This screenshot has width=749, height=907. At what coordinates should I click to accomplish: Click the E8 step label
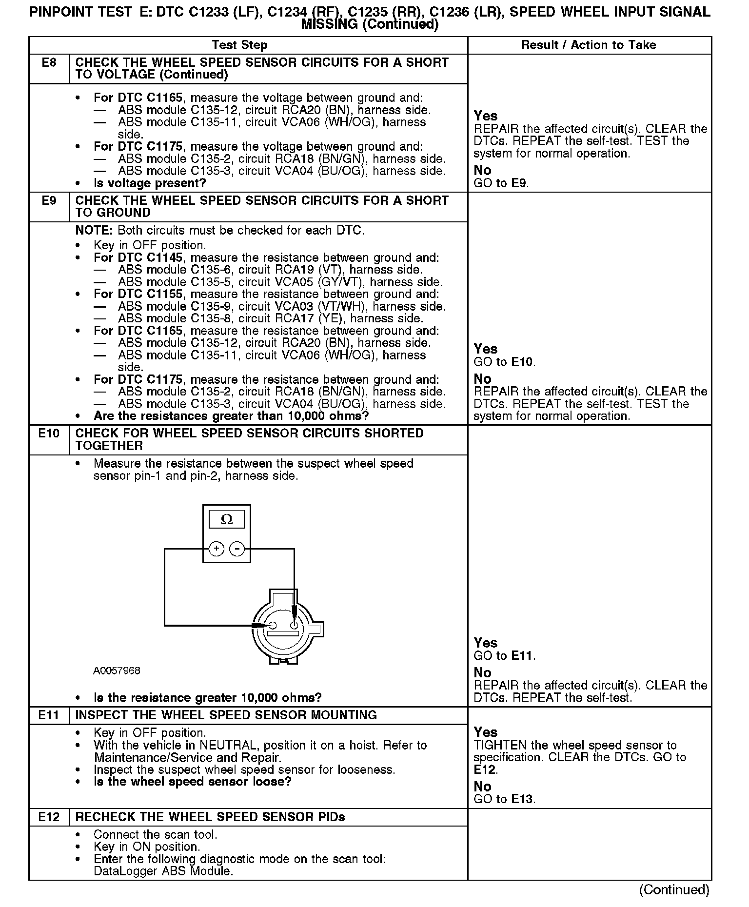tap(49, 63)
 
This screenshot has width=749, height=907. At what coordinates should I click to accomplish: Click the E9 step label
tap(49, 201)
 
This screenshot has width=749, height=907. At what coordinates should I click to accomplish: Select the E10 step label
tap(49, 434)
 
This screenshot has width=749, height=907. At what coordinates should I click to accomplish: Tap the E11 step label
tap(49, 715)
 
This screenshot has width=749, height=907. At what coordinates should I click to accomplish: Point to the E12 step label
tap(49, 817)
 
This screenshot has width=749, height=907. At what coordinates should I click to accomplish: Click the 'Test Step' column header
tap(239, 45)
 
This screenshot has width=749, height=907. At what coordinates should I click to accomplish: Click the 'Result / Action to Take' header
tap(589, 45)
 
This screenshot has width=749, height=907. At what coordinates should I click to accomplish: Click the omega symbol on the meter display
tap(227, 519)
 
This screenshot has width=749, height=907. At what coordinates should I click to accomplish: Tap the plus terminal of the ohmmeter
tap(217, 549)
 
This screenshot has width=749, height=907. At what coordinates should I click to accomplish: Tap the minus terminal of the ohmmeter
tap(237, 549)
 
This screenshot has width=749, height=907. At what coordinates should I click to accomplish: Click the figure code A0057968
tap(117, 671)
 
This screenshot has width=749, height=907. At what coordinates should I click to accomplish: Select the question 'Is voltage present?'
tap(150, 183)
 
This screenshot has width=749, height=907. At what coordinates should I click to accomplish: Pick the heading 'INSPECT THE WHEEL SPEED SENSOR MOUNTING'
tap(226, 715)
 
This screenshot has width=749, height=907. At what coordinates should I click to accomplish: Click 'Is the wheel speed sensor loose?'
tap(192, 782)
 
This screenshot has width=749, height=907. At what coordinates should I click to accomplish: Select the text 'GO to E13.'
tap(504, 799)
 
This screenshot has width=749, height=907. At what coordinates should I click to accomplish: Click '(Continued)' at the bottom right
tap(674, 890)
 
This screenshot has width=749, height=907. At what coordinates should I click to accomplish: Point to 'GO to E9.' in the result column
tap(501, 183)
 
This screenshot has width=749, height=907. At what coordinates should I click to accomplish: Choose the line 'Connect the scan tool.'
tap(155, 834)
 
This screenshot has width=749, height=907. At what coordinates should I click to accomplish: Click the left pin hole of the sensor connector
tap(273, 626)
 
